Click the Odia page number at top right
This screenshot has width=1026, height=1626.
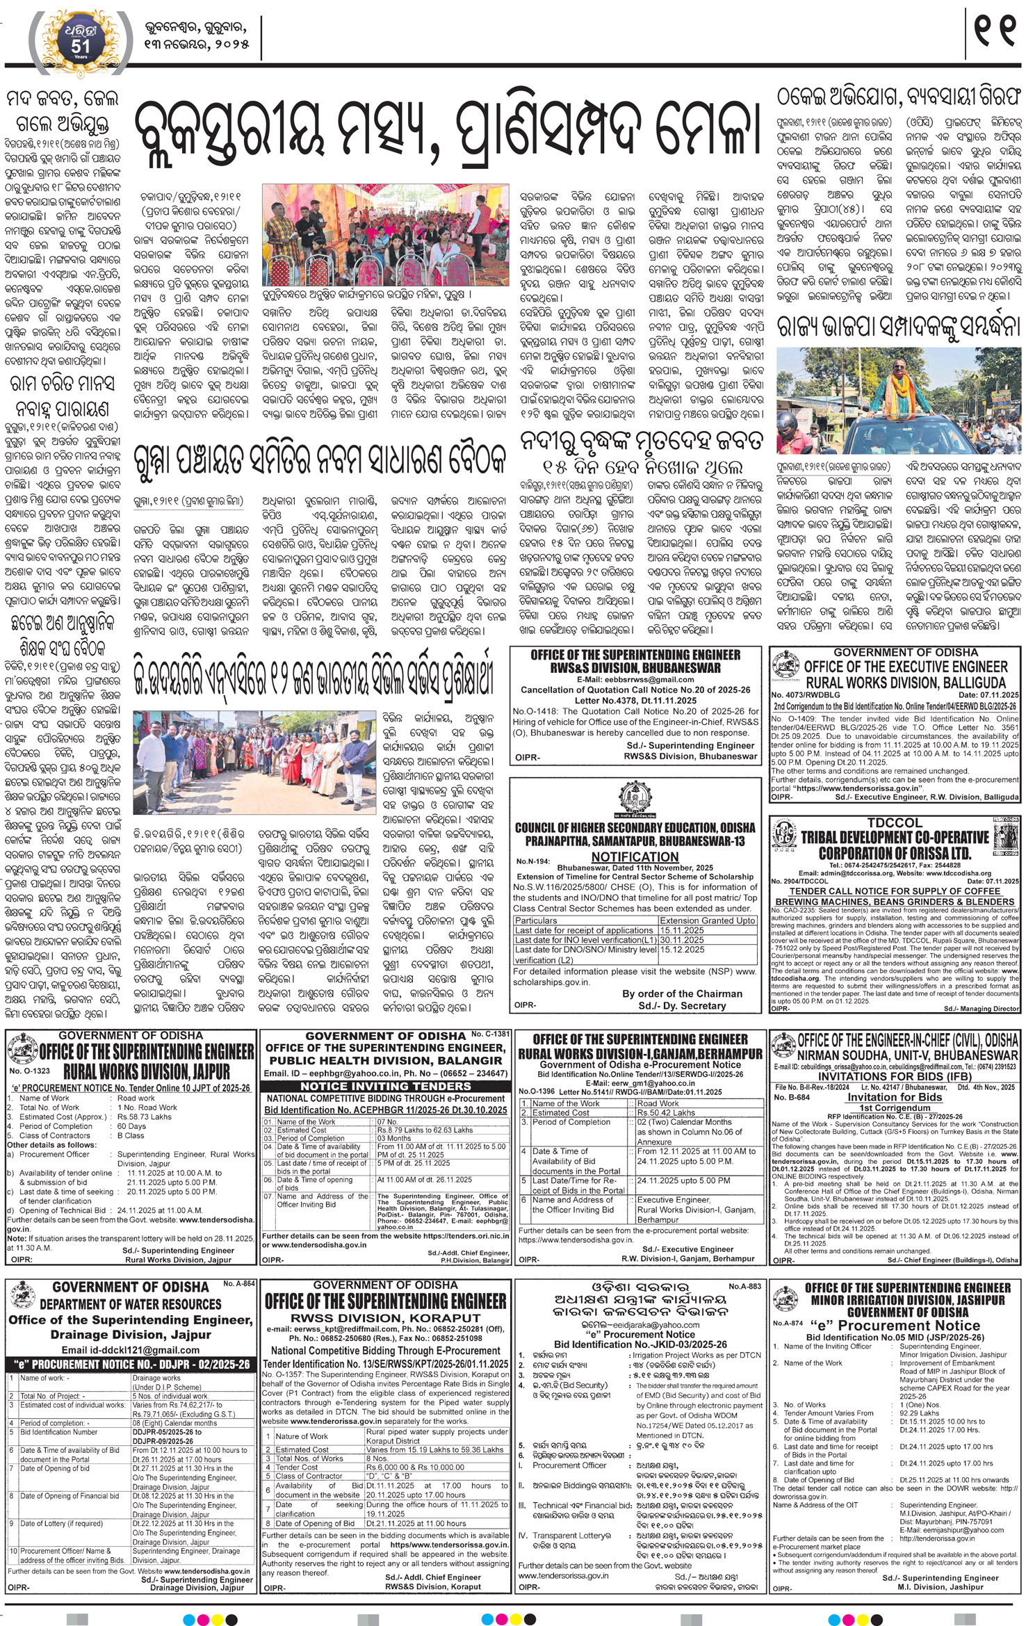(x=995, y=31)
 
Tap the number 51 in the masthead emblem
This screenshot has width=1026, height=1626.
(x=80, y=46)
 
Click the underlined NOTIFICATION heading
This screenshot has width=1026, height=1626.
(x=635, y=857)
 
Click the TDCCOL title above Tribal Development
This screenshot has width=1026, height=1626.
(x=895, y=822)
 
